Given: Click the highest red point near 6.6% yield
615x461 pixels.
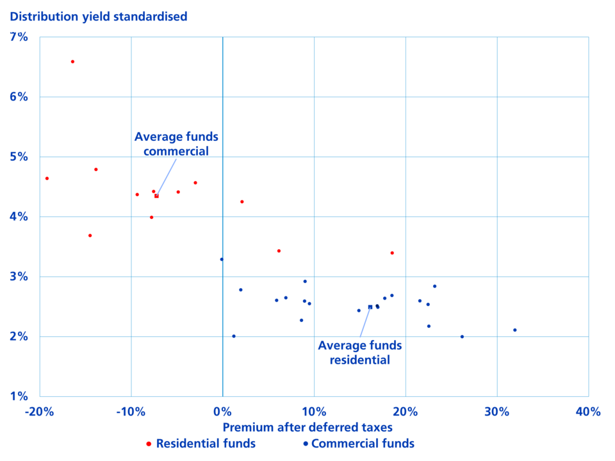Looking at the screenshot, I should pos(72,61).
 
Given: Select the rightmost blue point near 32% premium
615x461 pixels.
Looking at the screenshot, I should pos(515,330).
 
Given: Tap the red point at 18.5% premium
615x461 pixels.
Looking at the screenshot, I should pos(392,253).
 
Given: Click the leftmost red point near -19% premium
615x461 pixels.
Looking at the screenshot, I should pos(47,179).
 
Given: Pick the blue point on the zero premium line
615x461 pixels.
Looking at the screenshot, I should pos(222,259).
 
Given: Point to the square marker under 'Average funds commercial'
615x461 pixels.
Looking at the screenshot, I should pos(156,196).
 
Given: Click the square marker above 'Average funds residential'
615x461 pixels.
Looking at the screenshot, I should pos(370,307).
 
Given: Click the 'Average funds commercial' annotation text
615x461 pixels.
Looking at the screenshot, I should pos(176,144).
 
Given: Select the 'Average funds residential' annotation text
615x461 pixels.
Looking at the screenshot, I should pos(360,353).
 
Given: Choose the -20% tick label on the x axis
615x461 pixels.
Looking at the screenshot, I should pos(39,412).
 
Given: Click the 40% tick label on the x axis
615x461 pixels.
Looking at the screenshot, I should pos(588,412).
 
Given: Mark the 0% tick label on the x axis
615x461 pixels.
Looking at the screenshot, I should pos(222,412).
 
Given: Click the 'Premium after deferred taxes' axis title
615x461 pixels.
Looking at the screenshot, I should pos(307,427).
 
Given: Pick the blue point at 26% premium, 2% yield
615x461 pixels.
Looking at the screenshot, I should pos(462,337).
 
